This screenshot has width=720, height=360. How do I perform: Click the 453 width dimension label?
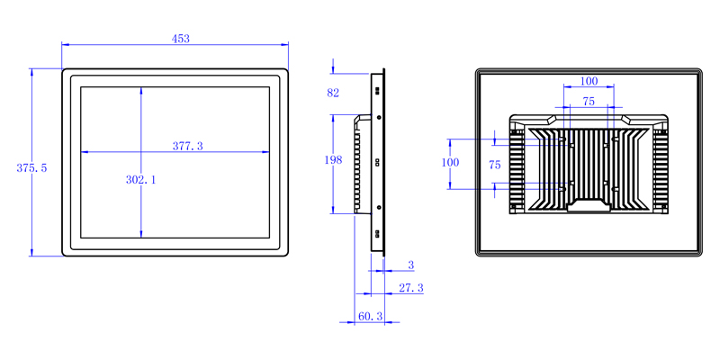[x=181, y=39]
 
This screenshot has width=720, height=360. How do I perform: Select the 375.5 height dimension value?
[x=31, y=168]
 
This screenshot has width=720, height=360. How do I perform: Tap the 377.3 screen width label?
[x=187, y=146]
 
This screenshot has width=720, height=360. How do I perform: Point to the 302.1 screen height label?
[x=141, y=180]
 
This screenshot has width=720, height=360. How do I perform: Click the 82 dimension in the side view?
[x=333, y=93]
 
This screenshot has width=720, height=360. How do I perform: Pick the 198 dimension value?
[x=333, y=160]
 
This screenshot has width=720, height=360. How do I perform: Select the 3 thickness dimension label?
[x=411, y=265]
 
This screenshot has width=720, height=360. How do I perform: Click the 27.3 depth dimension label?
[x=411, y=288]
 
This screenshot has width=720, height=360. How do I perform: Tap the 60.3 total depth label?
[x=370, y=316]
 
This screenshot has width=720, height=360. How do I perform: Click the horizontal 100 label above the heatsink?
[x=589, y=81]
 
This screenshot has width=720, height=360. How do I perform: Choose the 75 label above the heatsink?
[x=589, y=102]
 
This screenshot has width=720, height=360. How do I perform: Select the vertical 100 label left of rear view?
[x=450, y=163]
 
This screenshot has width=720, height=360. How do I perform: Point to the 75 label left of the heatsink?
[x=494, y=166]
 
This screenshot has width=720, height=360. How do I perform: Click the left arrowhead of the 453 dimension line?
[x=62, y=44]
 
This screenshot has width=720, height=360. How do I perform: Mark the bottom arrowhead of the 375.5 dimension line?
[x=31, y=256]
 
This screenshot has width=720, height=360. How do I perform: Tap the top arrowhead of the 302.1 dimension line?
[x=141, y=87]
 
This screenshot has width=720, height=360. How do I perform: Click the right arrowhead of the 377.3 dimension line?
[x=268, y=152]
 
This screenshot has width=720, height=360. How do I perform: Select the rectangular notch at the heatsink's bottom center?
[x=589, y=205]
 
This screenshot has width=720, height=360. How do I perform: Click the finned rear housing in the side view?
[x=363, y=164]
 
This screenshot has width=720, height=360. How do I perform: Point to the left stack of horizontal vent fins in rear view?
[x=517, y=171]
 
